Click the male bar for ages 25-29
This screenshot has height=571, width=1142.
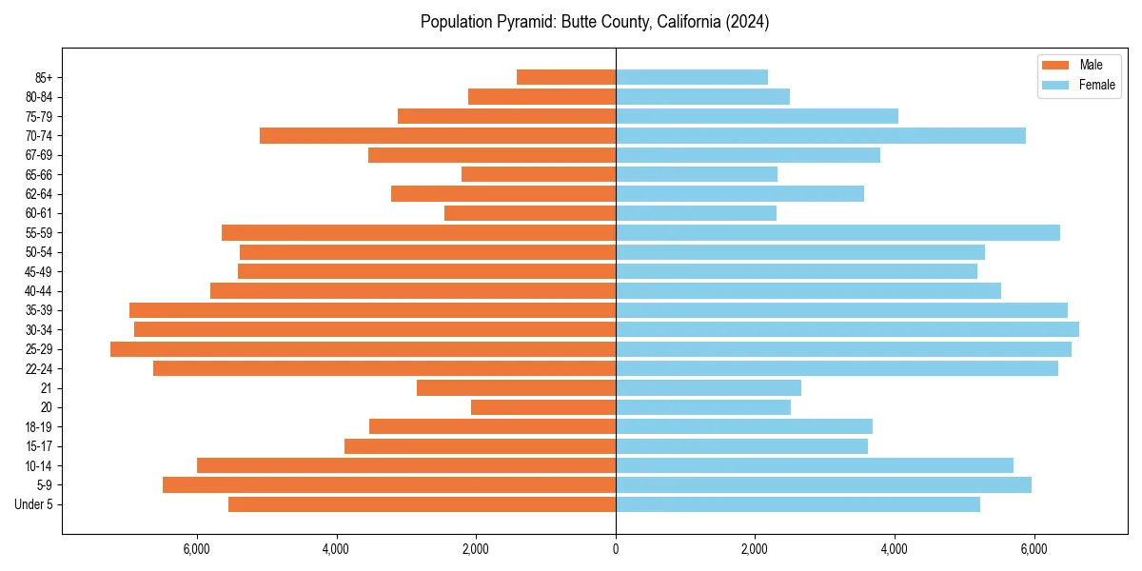pos(363,349)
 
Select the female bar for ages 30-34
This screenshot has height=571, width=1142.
pos(847,329)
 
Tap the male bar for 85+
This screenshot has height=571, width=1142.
pos(566,77)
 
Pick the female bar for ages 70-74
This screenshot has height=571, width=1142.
pos(820,136)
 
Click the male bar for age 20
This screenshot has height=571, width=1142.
pos(543,407)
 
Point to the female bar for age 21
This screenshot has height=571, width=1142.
pos(708,388)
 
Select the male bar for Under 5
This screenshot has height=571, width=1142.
pos(422,504)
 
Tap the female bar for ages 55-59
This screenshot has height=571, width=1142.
pos(837,233)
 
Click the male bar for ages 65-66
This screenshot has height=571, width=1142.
pos(539,174)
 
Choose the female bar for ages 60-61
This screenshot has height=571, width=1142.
pos(696,213)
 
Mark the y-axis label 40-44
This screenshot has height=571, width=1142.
pos(38,291)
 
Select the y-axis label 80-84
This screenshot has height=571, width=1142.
pos(38,97)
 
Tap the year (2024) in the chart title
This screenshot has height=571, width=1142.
pos(747,22)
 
